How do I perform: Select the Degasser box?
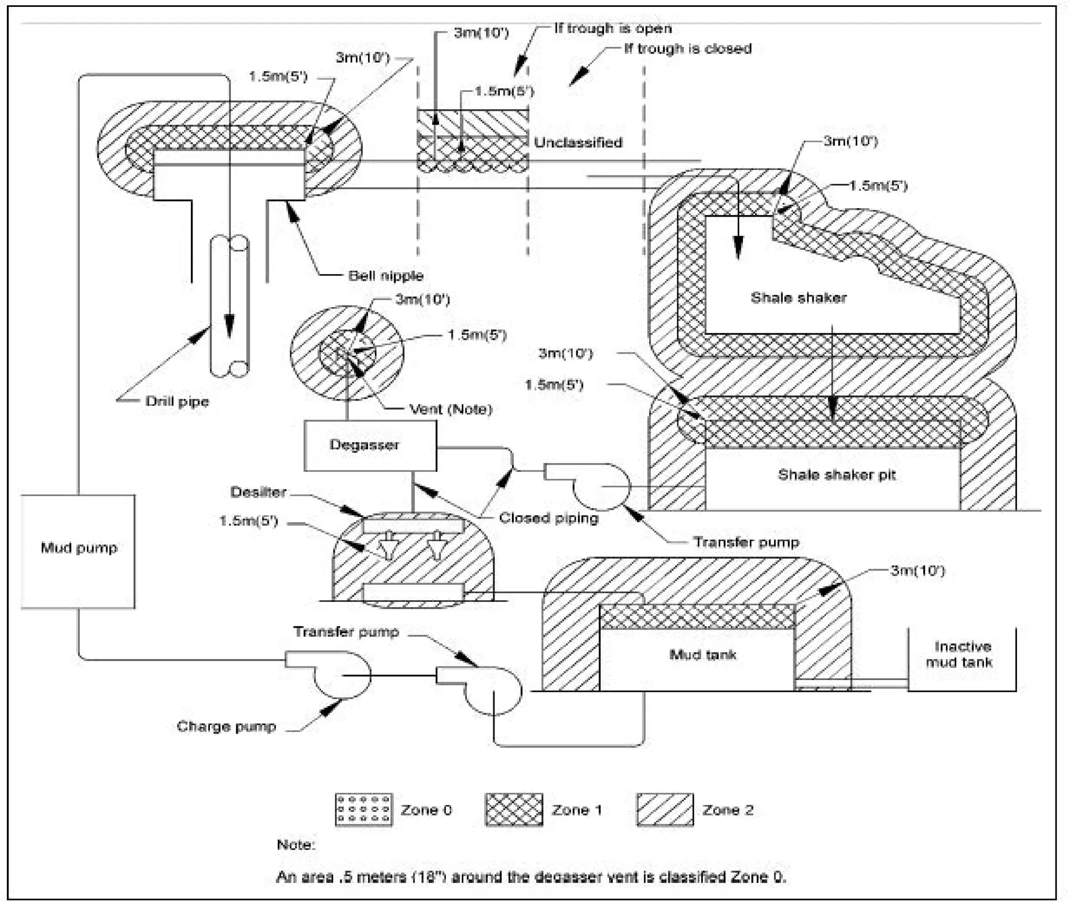[x=370, y=446]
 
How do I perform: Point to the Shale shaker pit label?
[x=836, y=475]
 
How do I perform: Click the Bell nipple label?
[x=386, y=275]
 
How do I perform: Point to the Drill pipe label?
[x=177, y=401]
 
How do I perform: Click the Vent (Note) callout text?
[x=451, y=409]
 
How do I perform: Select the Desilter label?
[x=258, y=492]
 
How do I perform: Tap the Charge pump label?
[x=226, y=726]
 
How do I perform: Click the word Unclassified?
[x=577, y=142]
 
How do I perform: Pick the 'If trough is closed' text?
[x=687, y=49]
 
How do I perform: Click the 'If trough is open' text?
[x=612, y=28]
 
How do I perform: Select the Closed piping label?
[x=548, y=518]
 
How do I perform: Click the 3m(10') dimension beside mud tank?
[x=917, y=570]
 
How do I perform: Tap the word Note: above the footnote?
[x=296, y=845]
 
